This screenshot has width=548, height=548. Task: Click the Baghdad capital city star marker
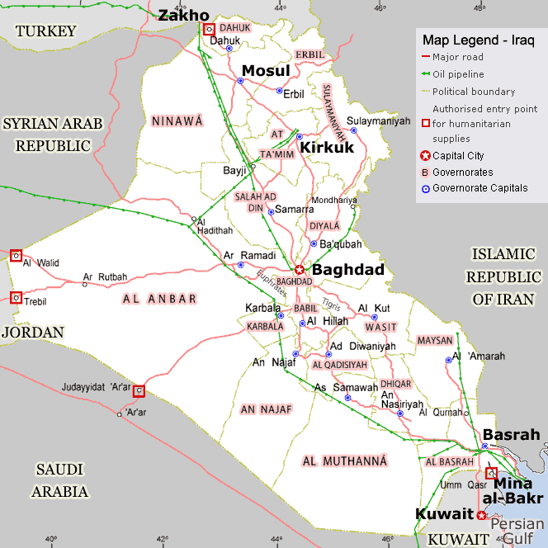(x=300, y=269)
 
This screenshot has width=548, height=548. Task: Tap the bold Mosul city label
(x=267, y=71)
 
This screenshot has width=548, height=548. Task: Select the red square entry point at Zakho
(x=209, y=29)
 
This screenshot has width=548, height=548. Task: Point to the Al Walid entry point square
(x=15, y=256)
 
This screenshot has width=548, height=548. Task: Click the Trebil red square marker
(x=15, y=297)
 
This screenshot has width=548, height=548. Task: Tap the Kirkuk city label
(x=326, y=147)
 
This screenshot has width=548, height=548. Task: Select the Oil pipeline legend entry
(x=458, y=74)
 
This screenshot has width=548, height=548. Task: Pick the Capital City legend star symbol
(x=425, y=156)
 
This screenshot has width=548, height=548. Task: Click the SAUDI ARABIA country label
(x=60, y=480)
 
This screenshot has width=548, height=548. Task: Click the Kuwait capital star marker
(x=481, y=515)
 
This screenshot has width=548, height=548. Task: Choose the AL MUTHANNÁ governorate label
(x=345, y=461)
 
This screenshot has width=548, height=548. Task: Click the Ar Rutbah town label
(x=106, y=276)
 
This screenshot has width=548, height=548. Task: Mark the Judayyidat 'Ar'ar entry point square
(x=139, y=390)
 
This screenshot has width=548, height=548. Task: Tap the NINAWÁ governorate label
(x=177, y=121)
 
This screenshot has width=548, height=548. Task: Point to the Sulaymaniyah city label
(x=379, y=120)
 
